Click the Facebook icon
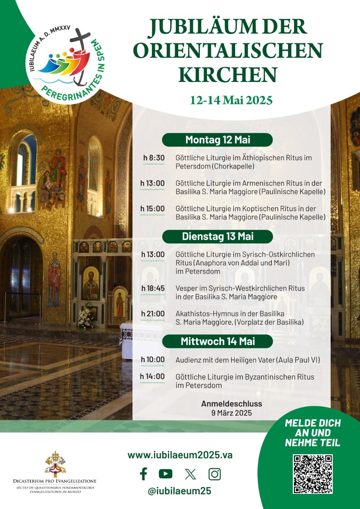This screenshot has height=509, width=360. (144, 474)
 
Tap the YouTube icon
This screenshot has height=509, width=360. (165, 474)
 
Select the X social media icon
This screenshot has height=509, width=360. (191, 474)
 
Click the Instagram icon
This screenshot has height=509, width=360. (214, 474)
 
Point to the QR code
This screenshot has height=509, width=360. (313, 474)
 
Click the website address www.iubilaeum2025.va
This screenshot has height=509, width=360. (180, 455)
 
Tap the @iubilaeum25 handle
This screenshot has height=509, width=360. (179, 491)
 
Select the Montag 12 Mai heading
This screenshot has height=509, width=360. (217, 140)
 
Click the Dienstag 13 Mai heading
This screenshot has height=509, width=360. (218, 236)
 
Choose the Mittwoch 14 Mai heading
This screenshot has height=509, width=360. (218, 341)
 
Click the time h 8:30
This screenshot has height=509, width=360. (154, 158)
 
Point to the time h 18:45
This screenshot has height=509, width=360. (153, 288)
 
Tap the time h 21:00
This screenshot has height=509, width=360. (153, 314)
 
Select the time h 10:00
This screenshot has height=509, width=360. (153, 359)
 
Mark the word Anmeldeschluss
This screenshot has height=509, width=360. (232, 404)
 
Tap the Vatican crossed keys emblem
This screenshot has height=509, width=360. (54, 464)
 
